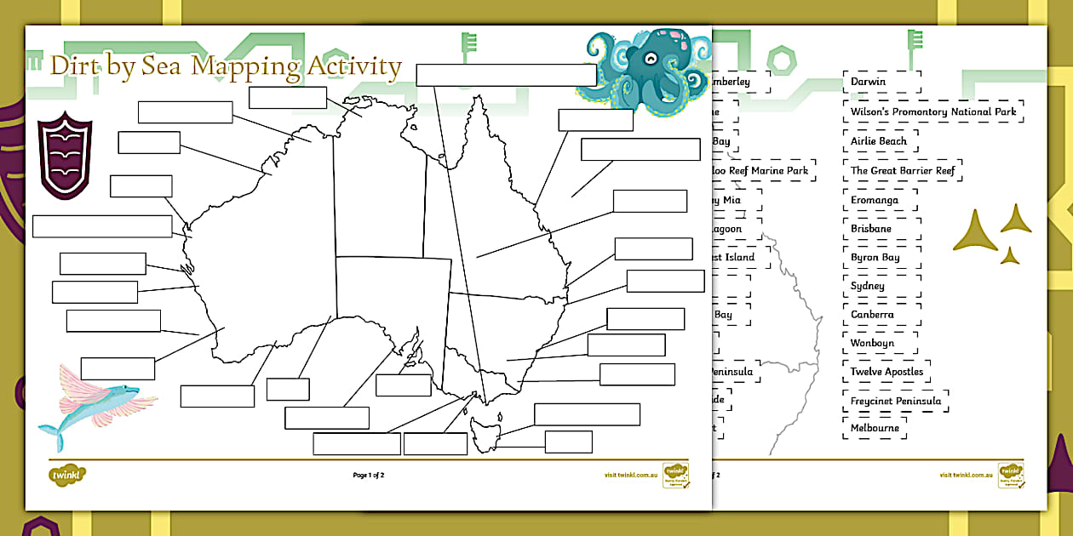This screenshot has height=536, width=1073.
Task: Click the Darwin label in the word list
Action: click(x=869, y=82)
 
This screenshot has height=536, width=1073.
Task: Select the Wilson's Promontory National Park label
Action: click(x=933, y=111)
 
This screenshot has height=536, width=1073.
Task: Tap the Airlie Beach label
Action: click(x=879, y=140)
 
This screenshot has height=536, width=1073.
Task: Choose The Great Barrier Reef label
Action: click(x=903, y=170)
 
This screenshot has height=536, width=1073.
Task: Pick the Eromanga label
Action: click(x=875, y=200)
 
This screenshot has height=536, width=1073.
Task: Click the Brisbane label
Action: click(x=871, y=229)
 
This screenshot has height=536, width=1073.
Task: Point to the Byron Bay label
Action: click(x=875, y=257)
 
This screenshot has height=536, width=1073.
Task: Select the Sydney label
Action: click(x=868, y=286)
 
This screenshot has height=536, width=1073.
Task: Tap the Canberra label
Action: click(x=873, y=315)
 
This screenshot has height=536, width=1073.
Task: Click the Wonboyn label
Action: click(x=873, y=343)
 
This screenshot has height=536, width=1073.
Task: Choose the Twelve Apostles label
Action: click(x=887, y=372)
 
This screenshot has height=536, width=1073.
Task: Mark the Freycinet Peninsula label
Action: click(x=896, y=401)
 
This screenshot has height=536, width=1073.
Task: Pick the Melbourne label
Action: click(x=875, y=428)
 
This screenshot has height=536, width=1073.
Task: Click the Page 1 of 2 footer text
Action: click(x=369, y=475)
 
